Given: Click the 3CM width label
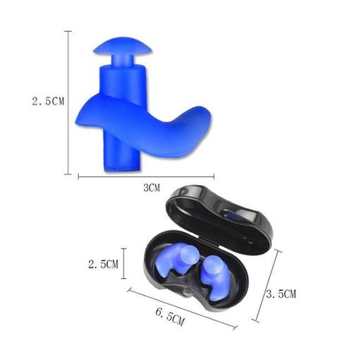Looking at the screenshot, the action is [152, 188].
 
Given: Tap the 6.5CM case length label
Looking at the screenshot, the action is [170, 317].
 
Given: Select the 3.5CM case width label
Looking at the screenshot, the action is [281, 294].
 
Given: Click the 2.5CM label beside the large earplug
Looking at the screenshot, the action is [48, 102].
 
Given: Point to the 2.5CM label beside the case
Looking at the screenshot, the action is [103, 264].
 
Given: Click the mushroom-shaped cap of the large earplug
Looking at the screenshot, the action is [123, 46].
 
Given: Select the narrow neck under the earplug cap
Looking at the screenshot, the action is [123, 61].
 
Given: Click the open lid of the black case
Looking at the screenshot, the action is [220, 218].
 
